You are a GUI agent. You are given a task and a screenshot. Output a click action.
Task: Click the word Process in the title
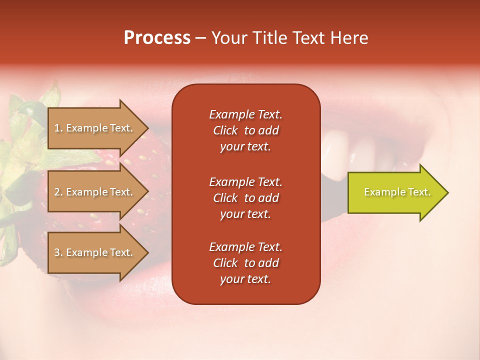(x=157, y=38)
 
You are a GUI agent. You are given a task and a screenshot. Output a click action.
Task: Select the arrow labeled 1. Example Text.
(x=95, y=128)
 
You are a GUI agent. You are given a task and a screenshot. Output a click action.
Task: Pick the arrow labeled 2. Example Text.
(x=95, y=192)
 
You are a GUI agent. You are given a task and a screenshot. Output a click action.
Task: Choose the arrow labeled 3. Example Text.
(x=95, y=252)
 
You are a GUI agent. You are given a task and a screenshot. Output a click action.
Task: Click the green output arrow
(x=395, y=192)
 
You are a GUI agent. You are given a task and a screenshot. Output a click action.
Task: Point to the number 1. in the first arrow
(x=58, y=128)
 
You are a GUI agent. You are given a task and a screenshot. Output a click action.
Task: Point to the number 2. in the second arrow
(x=58, y=192)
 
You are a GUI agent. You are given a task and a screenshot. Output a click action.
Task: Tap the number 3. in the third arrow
(x=58, y=252)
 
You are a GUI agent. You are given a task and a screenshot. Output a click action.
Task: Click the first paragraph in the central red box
(x=245, y=130)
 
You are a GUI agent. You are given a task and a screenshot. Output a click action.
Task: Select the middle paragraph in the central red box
(x=245, y=198)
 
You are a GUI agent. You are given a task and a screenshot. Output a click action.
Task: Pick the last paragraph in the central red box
(x=245, y=263)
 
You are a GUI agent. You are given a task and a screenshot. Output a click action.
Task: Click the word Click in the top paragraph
(x=225, y=130)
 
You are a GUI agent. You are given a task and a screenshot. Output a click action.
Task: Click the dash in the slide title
(x=200, y=38)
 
